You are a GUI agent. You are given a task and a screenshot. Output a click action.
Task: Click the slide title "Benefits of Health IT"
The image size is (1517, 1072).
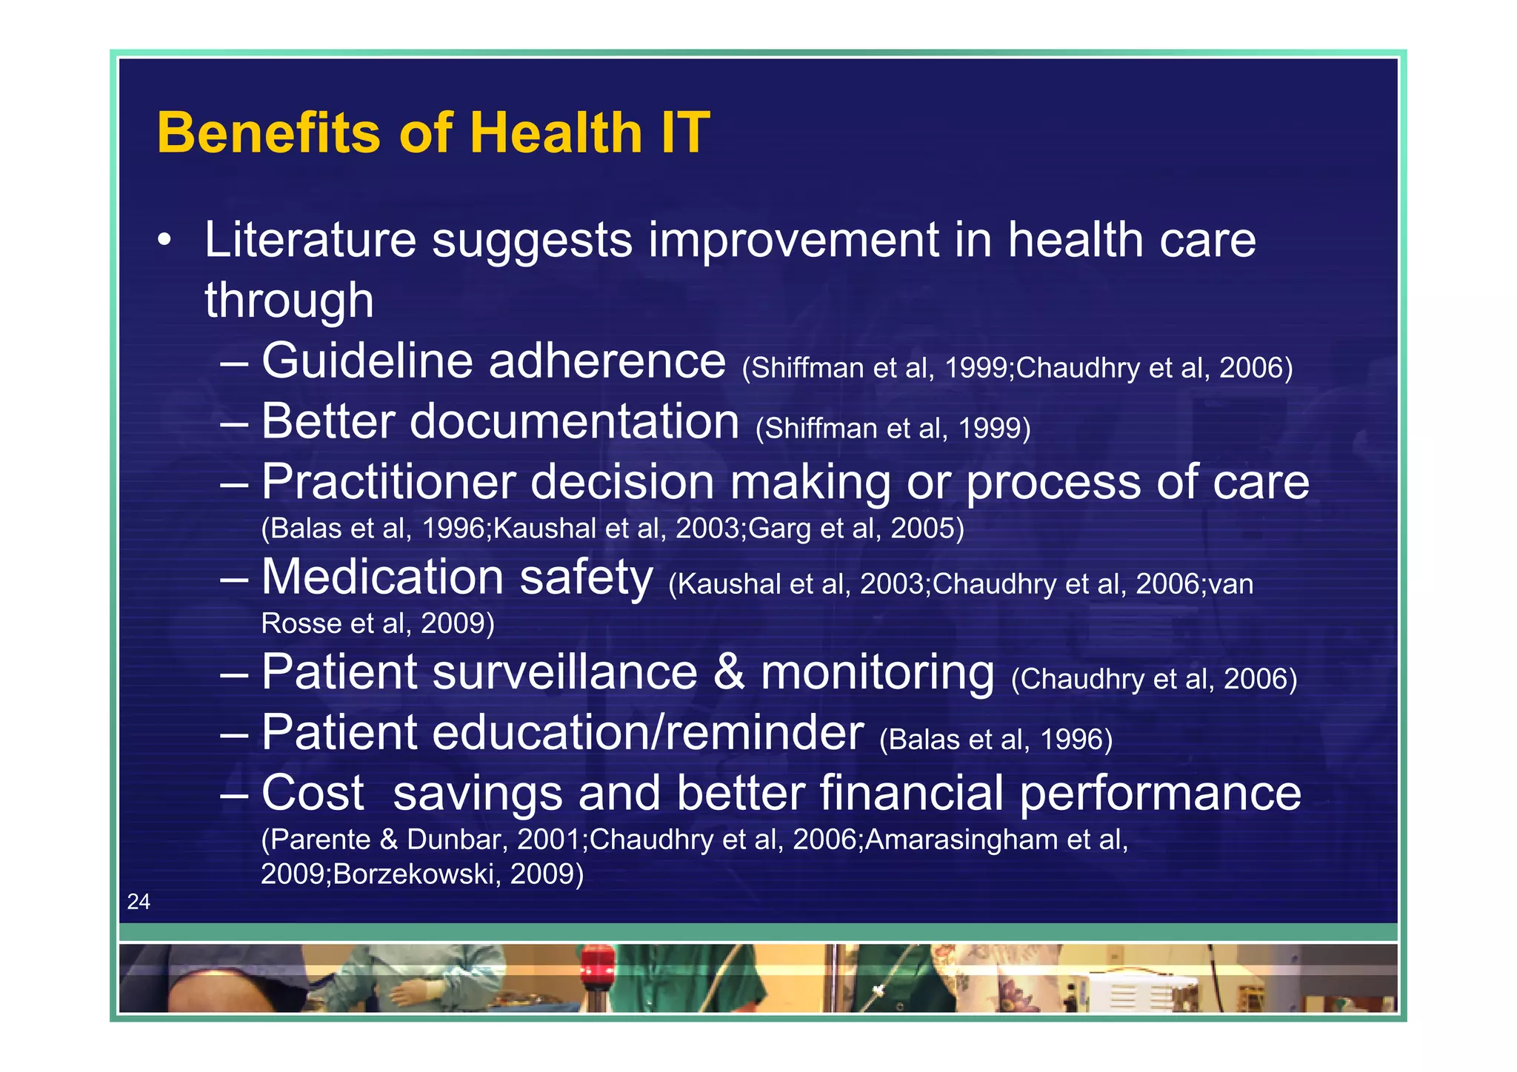pos(433,133)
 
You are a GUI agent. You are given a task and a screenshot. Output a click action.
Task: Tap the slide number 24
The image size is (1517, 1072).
pos(139,901)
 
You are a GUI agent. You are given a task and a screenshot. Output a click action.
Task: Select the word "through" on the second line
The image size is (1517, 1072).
pos(289,301)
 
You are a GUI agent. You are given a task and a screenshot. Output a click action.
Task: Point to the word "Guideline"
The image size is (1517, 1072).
pos(367,361)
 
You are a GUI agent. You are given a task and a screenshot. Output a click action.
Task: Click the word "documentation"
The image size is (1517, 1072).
pos(574,422)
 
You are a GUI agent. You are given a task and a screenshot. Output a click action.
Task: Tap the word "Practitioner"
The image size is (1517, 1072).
pos(388,482)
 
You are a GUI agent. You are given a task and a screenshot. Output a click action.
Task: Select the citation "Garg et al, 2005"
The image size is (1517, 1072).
pos(852,529)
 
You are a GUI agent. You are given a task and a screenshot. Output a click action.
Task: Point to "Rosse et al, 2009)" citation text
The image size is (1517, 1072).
pos(378,623)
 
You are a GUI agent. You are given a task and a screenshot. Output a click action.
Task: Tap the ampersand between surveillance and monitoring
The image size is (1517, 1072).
pos(729,672)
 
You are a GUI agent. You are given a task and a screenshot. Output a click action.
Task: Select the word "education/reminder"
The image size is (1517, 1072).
pos(647,733)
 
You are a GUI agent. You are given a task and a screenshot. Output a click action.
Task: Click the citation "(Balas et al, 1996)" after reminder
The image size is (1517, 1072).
pos(996,740)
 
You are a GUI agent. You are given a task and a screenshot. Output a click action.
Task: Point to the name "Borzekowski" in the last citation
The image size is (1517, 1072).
pos(413,874)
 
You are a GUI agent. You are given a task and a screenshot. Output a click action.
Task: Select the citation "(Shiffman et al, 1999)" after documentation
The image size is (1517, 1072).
pos(893,429)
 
